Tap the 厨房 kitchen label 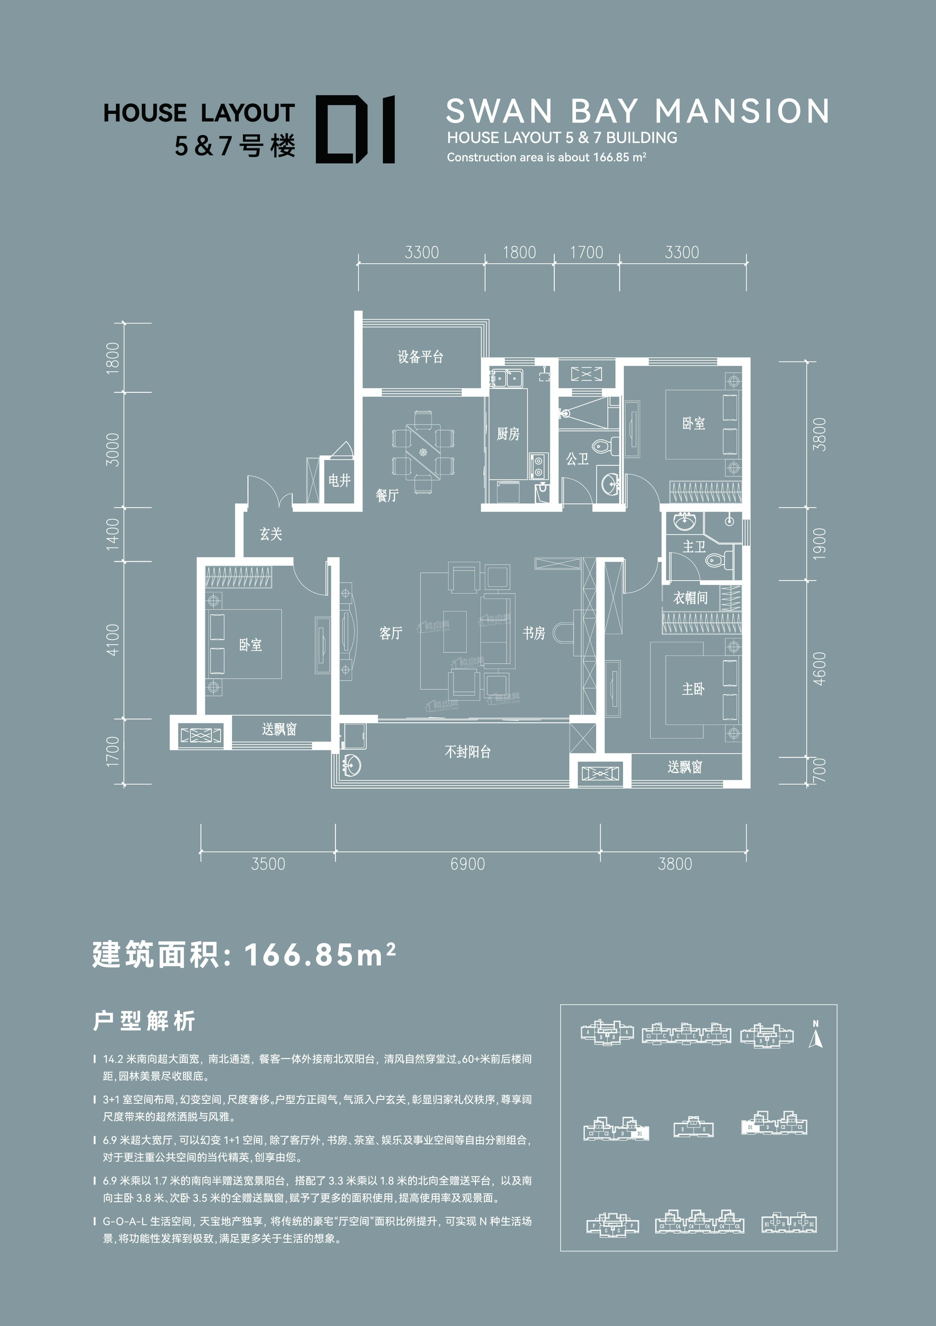pos(508,434)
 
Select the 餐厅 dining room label pos(387,495)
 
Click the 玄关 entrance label pos(271,534)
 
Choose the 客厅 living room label pos(390,633)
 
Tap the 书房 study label pos(534,633)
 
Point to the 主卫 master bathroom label pos(694,546)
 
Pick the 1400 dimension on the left pos(113,532)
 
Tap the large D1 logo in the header pos(355,129)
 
